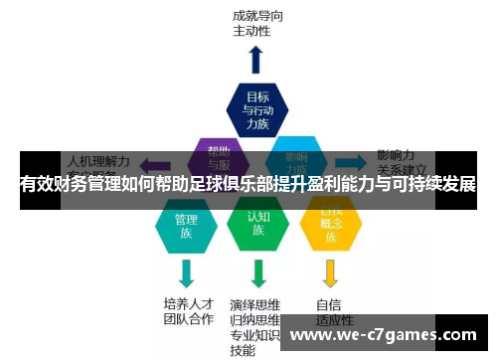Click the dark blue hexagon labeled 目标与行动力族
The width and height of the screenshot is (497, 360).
coord(257,110)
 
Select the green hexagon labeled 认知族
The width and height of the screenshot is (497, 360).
coord(257,223)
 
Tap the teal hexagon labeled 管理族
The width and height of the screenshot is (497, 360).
coord(185,225)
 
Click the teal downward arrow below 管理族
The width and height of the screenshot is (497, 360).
coord(185,272)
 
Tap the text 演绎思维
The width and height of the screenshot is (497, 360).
coord(255,303)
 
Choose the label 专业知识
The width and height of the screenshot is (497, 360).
coord(255,335)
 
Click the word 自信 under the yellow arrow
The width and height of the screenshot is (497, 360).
coord(329,304)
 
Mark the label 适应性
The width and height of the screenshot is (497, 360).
coord(334,321)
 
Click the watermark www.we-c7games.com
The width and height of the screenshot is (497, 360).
coord(387,333)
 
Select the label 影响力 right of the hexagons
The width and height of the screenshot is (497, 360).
coord(396,155)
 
